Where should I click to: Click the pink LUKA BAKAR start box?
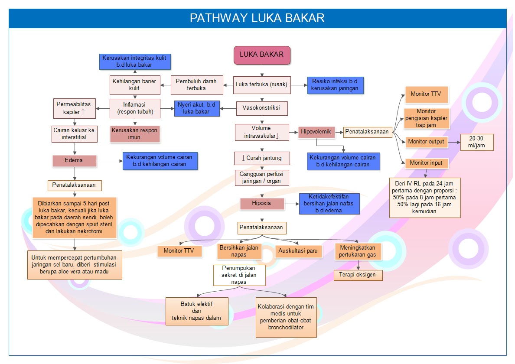[x=262, y=55]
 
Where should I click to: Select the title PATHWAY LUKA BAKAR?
[x=257, y=18]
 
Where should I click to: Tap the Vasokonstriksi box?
[x=261, y=108]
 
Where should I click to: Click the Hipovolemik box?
[x=316, y=131]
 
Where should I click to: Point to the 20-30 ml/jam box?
[x=477, y=142]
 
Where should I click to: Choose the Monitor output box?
[x=426, y=142]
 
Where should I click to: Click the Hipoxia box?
[x=262, y=203]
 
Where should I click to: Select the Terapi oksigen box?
[x=358, y=275]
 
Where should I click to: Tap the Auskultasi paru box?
[x=299, y=251]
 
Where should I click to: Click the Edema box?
[x=75, y=160]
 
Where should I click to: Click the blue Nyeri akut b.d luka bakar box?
[x=197, y=108]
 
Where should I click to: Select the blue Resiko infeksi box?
[x=335, y=84]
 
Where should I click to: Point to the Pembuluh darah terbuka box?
[x=196, y=85]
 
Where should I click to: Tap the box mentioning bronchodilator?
[x=286, y=317]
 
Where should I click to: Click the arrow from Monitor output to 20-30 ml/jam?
[x=453, y=142]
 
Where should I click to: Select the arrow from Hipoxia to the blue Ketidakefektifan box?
[x=291, y=203]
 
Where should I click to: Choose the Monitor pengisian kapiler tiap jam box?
[x=426, y=118]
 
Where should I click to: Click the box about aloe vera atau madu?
[x=75, y=264]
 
